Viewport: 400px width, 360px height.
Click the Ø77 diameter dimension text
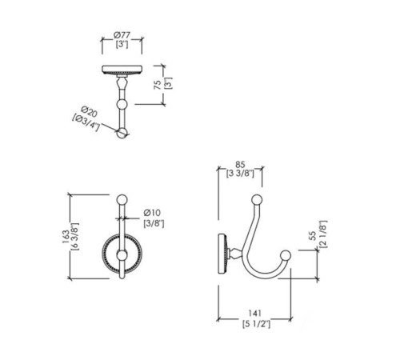click(122, 35)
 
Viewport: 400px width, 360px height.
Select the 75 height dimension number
click(158, 85)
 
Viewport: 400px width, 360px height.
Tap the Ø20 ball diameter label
click(89, 111)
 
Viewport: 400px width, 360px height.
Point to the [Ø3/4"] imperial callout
click(86, 122)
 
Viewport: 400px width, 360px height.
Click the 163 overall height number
click(66, 237)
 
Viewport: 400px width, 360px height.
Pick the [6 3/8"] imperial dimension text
click(75, 237)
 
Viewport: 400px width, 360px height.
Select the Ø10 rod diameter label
click(152, 213)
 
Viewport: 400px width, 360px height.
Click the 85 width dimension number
click(240, 165)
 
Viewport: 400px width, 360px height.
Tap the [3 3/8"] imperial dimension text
click(240, 174)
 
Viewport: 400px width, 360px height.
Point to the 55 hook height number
click(313, 235)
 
